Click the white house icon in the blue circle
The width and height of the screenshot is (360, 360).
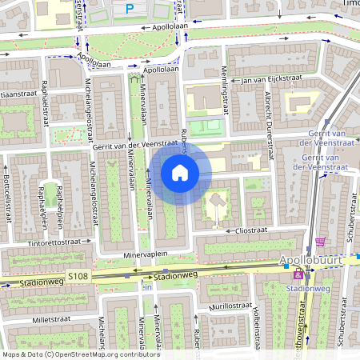tap(180, 172)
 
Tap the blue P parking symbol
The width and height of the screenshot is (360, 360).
tap(130, 9)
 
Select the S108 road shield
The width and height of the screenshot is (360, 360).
tap(78, 276)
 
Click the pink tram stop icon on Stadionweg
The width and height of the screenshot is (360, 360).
tap(298, 275)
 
